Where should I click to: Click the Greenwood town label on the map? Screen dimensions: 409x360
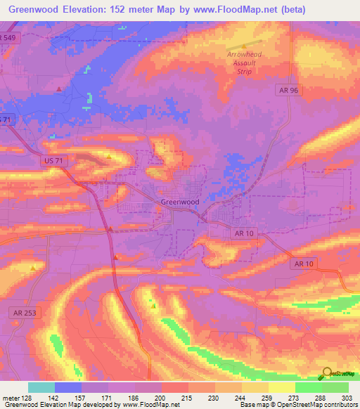point(180,202)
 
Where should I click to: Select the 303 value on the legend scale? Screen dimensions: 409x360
point(348,398)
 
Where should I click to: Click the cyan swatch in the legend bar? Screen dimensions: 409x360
point(41,387)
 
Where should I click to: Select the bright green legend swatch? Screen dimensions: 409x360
point(308,387)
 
